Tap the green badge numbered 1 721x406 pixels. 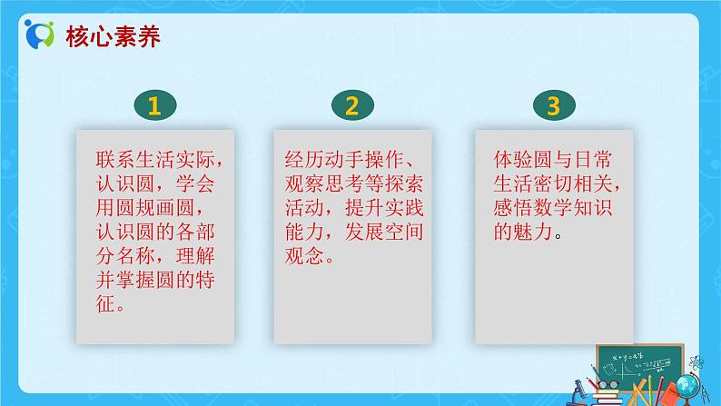click(x=154, y=106)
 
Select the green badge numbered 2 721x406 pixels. click(x=351, y=106)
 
